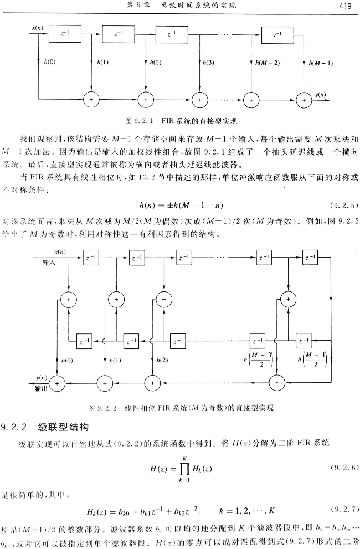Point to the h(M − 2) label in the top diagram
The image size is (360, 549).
coord(268,63)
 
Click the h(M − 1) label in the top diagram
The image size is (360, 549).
coord(321,63)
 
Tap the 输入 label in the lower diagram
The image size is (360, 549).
coord(49,264)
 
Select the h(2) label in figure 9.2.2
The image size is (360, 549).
coord(162,360)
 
